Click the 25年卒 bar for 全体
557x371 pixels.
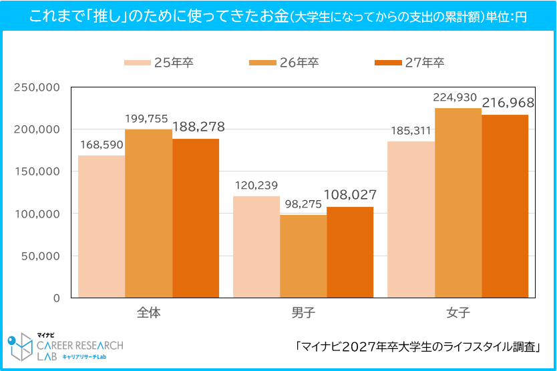click(102, 226)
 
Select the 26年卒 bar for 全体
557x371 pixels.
click(148, 214)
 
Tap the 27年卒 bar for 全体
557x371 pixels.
click(196, 218)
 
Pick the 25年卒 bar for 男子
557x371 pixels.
click(256, 247)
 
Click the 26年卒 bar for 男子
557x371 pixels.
click(303, 256)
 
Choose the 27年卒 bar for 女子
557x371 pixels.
click(505, 206)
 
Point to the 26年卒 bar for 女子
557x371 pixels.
click(458, 203)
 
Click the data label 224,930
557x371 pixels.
click(455, 97)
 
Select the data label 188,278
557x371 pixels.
click(198, 126)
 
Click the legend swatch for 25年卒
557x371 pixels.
click(137, 63)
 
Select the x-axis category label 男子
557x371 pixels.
click(303, 312)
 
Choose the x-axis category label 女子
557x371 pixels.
click(458, 312)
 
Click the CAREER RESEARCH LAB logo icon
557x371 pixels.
click(21, 348)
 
